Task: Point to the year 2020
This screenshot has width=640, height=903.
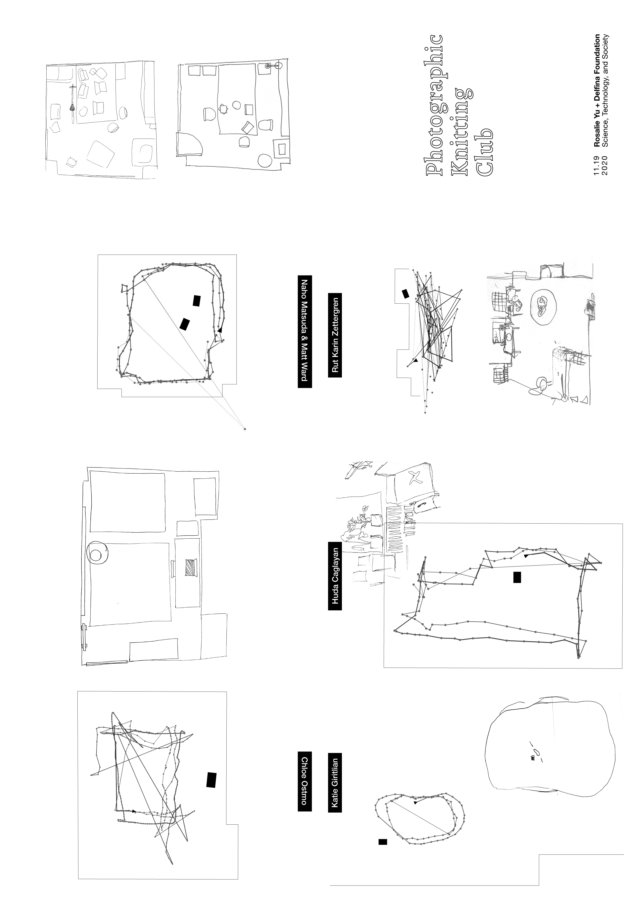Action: pyautogui.click(x=605, y=164)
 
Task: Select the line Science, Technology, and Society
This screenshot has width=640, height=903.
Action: pyautogui.click(x=605, y=91)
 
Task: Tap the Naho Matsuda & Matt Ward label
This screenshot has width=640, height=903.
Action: pyautogui.click(x=304, y=331)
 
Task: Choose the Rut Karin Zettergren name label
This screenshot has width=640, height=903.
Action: pyautogui.click(x=335, y=335)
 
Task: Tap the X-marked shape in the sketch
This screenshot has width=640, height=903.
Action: pyautogui.click(x=415, y=477)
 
